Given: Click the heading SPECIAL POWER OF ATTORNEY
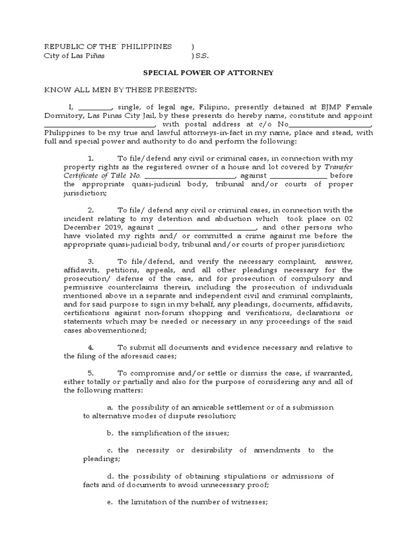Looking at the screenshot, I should (x=208, y=73).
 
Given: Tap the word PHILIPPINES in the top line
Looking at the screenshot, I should (x=148, y=46).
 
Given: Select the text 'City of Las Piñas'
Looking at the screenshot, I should (x=74, y=55).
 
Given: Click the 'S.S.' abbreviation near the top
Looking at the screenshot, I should (x=202, y=55).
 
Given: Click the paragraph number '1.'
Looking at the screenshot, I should (x=91, y=157).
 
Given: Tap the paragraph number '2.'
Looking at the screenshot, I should (x=91, y=210).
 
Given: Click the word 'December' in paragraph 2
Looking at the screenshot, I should (x=83, y=228).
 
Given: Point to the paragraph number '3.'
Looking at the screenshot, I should (x=91, y=261).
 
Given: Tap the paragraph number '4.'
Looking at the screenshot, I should (x=91, y=347).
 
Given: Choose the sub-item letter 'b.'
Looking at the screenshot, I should (x=110, y=433).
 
